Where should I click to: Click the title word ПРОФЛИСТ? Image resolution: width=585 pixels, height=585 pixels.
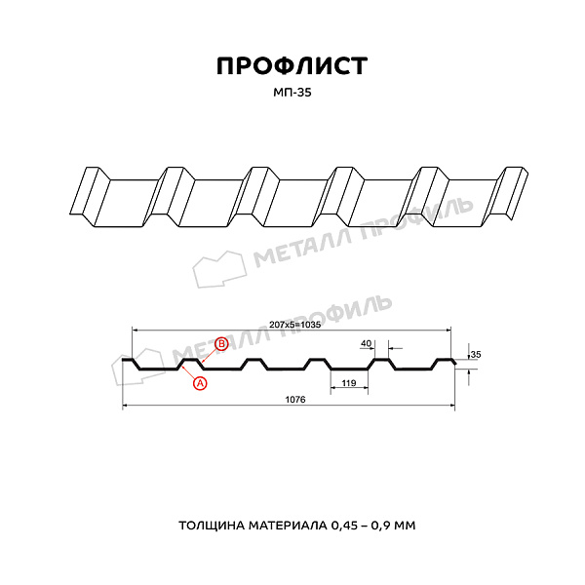coord(292,66)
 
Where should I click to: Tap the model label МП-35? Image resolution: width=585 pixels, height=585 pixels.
coord(292,93)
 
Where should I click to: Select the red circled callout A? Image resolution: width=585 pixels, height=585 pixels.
coord(200,383)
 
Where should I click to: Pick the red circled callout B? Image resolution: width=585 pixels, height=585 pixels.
coord(221,343)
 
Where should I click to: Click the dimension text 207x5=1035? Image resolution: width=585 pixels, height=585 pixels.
coord(294,325)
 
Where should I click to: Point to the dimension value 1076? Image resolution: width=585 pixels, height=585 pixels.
coord(295,400)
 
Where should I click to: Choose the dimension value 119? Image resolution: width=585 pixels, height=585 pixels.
coord(349,383)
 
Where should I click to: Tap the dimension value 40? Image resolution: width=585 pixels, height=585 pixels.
coord(367,343)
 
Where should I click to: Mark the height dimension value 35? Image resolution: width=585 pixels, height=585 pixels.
coord(476,354)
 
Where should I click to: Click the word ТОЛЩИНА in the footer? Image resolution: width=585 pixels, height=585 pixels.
coord(212,526)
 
